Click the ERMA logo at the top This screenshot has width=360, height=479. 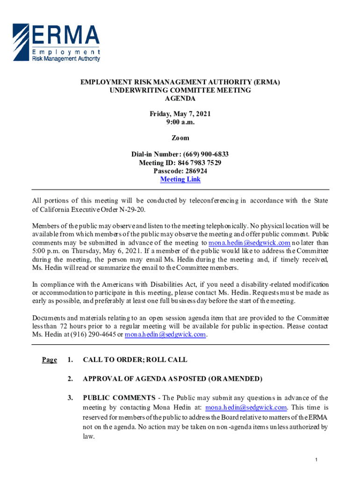tap(56, 43)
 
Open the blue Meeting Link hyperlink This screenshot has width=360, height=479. tap(180, 180)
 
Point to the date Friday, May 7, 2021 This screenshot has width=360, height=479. tap(180, 114)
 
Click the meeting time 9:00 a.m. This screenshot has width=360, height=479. tap(180, 122)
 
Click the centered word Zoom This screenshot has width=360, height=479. tap(180, 138)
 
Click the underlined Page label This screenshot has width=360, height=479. tap(49, 360)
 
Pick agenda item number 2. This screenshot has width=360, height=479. tap(70, 378)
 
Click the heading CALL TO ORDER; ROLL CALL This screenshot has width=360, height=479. tap(135, 360)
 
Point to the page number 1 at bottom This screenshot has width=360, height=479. tap(317, 461)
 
